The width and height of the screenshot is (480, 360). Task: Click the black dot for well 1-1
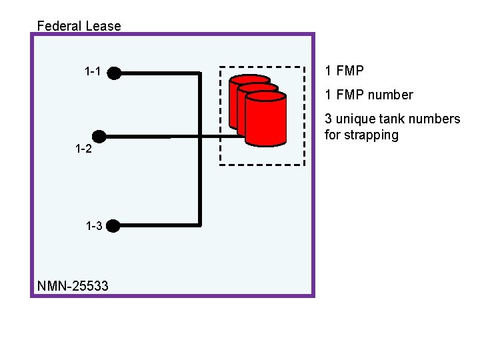(114, 72)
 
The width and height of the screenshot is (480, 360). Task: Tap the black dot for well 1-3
(113, 226)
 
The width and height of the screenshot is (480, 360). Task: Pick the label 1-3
(94, 226)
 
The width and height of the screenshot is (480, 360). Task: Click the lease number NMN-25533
(73, 287)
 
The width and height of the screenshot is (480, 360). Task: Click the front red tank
(265, 120)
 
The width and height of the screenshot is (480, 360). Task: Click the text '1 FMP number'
(369, 95)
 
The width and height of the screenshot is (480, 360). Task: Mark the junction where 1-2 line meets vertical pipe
(199, 137)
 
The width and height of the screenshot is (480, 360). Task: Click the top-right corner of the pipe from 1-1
(199, 73)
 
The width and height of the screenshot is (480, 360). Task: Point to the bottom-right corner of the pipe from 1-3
(199, 225)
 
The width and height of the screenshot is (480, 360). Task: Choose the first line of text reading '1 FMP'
(344, 71)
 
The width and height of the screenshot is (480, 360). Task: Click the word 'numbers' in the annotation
(436, 119)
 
